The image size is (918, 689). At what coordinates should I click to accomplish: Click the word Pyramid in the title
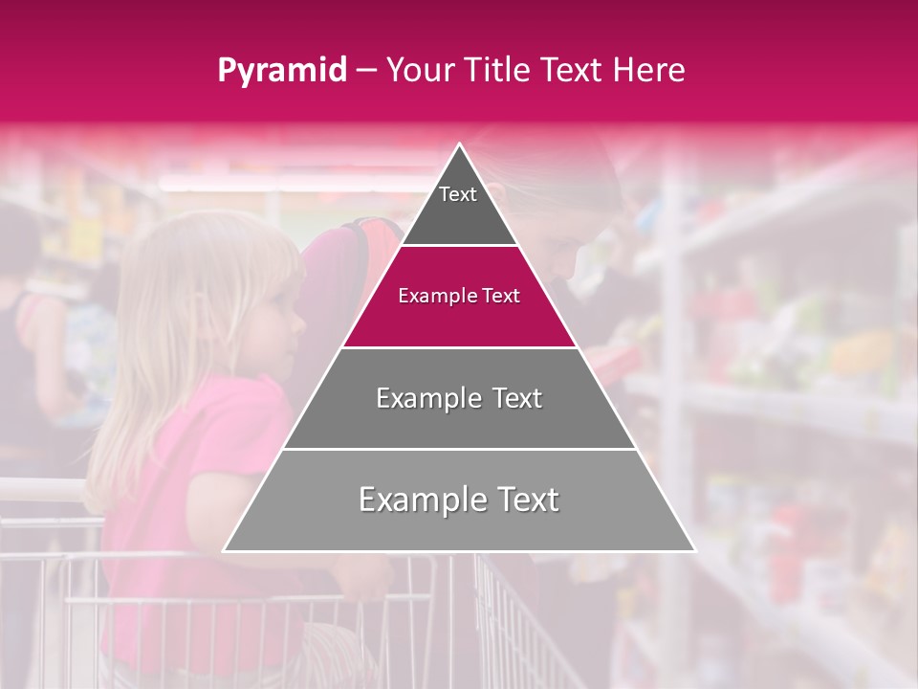click(x=281, y=71)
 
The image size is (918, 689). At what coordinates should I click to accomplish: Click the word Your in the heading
click(x=417, y=70)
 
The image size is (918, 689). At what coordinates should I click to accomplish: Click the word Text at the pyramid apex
click(x=458, y=194)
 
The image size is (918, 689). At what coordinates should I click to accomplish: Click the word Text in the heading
click(x=574, y=70)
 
